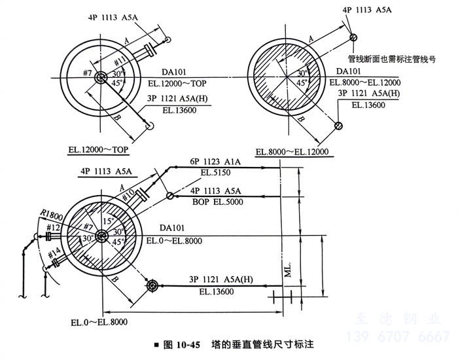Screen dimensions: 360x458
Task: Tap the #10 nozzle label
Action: pyautogui.click(x=128, y=194)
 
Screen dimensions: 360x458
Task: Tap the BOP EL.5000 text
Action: pyautogui.click(x=217, y=202)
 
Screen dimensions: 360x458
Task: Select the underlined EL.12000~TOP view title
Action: pyautogui.click(x=98, y=149)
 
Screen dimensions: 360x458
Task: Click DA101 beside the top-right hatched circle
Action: pyautogui.click(x=349, y=71)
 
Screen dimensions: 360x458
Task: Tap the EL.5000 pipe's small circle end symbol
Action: pyautogui.click(x=169, y=195)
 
